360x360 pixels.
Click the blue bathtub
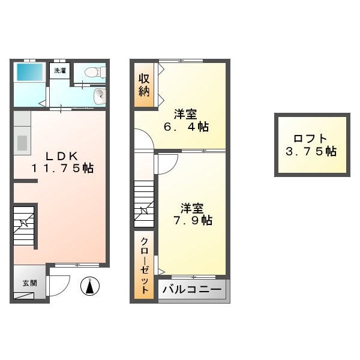coord(28,74)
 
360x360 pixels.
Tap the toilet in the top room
coord(93,73)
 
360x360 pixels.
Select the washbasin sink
coord(98,95)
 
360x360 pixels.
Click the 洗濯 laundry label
coord(60,71)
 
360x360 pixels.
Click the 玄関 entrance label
coord(29,283)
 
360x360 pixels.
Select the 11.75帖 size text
coord(62,169)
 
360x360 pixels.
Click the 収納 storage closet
coord(145,85)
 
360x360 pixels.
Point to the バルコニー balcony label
coord(192,290)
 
